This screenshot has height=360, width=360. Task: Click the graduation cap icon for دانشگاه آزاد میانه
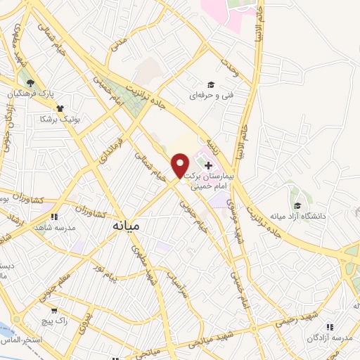click(x=298, y=206)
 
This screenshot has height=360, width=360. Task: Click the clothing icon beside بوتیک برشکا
click(x=61, y=110)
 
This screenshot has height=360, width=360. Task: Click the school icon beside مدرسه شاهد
click(x=53, y=217)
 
